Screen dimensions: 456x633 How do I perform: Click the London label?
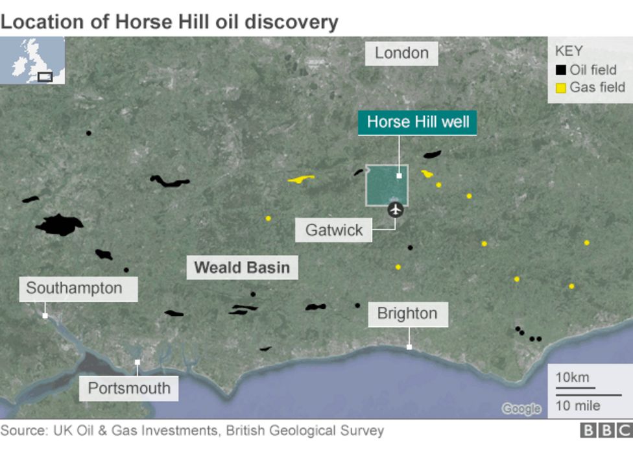point(401,53)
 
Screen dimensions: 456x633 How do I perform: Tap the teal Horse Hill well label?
point(418,122)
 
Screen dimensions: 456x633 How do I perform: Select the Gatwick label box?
point(333,230)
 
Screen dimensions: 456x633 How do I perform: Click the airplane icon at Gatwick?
point(395,210)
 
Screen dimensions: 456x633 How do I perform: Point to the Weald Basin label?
point(242,267)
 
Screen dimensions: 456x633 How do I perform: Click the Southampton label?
point(74,288)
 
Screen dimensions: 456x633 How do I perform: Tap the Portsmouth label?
point(129,388)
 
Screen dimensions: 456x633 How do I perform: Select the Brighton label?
point(407,314)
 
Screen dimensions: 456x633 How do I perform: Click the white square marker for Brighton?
point(409,347)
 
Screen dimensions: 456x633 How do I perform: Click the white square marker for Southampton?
point(45,316)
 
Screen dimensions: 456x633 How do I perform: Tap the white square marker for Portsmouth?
point(137,363)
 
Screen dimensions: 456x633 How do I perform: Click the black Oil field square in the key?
point(560,70)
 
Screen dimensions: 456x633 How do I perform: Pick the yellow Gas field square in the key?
point(560,88)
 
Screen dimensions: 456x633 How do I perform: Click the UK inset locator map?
point(32,60)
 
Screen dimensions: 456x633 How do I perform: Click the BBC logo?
point(605,431)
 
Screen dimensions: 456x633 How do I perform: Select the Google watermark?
point(521,409)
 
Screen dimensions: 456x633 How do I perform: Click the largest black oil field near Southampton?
point(59,225)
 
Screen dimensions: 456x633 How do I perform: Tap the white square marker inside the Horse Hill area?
point(399,175)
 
